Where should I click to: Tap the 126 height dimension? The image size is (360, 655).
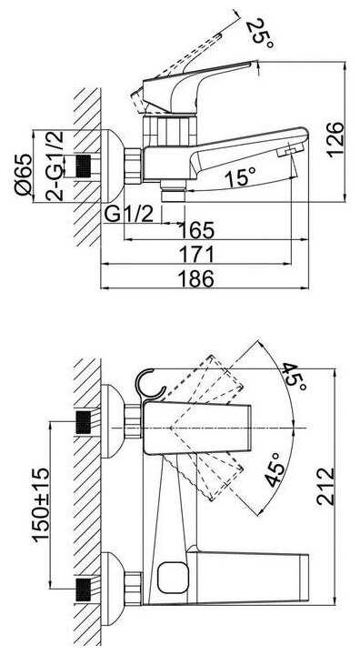335,140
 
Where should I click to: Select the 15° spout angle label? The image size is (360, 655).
240,177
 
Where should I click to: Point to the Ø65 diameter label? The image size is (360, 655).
24,174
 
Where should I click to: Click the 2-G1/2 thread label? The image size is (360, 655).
55,166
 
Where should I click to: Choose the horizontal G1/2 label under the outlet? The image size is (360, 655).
129,215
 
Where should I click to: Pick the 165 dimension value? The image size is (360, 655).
196,230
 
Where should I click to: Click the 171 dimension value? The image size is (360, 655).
196,255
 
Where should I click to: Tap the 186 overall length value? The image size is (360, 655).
196,278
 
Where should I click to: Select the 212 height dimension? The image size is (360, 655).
325,486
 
